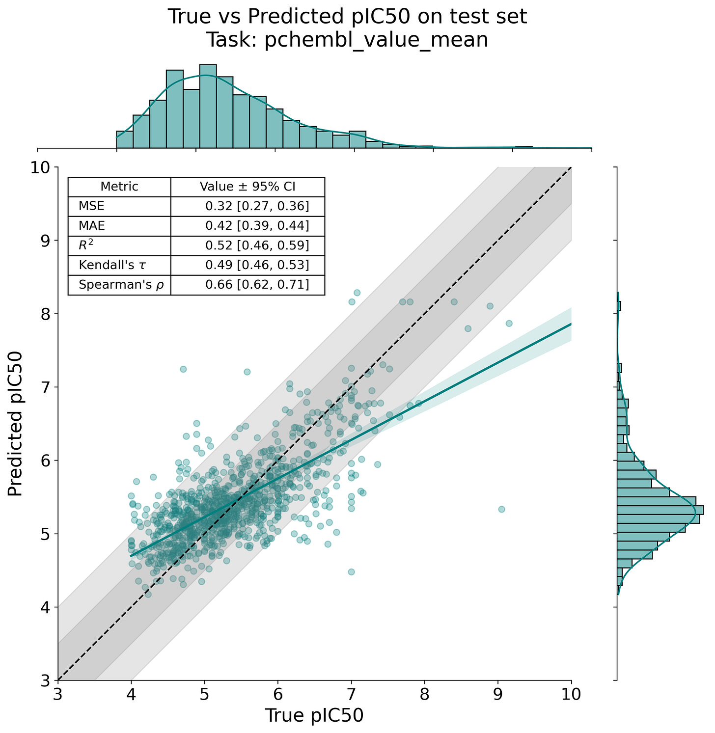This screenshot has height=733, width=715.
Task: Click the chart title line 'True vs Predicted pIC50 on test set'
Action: pyautogui.click(x=347, y=17)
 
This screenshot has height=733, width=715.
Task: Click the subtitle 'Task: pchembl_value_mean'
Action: pyautogui.click(x=347, y=40)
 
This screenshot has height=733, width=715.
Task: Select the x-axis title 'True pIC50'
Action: pyautogui.click(x=314, y=715)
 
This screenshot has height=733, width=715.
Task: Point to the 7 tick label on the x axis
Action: pyautogui.click(x=351, y=694)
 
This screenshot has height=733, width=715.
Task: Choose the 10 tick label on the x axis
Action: pyautogui.click(x=571, y=694)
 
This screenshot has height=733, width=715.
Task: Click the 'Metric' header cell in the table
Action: pyautogui.click(x=119, y=187)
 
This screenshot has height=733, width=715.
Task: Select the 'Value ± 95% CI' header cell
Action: pyautogui.click(x=247, y=187)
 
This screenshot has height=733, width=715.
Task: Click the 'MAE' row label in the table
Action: pyautogui.click(x=92, y=226)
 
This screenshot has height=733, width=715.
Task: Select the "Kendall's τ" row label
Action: pyautogui.click(x=112, y=265)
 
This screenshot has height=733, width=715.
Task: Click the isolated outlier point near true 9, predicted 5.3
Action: pyautogui.click(x=501, y=509)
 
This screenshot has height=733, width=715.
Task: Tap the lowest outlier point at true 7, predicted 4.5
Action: pyautogui.click(x=351, y=572)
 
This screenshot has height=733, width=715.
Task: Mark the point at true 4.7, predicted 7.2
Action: pyautogui.click(x=183, y=369)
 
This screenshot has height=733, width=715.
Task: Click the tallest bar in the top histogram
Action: pyautogui.click(x=208, y=106)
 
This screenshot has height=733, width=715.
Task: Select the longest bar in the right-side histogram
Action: pyautogui.click(x=660, y=510)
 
